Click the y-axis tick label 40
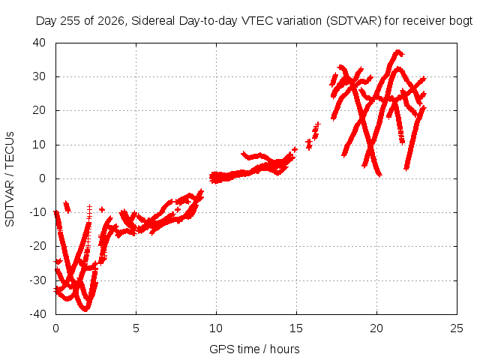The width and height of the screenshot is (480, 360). [x=39, y=43]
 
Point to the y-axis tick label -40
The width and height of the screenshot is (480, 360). [x=37, y=313]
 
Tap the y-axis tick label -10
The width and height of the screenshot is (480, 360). [x=37, y=211]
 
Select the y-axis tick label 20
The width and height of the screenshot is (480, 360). [x=39, y=110]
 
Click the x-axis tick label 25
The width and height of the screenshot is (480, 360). [x=457, y=328]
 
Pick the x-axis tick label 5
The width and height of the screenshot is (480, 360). [x=136, y=328]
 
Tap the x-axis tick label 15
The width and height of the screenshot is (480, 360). [x=296, y=328]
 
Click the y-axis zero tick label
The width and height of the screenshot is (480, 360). [x=42, y=178]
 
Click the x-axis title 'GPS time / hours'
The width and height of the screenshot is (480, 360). [x=254, y=349]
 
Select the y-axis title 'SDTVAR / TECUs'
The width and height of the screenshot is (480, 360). [x=10, y=179]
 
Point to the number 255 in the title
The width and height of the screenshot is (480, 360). [x=70, y=21]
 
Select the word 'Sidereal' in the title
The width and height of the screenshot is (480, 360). [x=153, y=21]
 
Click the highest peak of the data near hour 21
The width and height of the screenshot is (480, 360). [x=397, y=52]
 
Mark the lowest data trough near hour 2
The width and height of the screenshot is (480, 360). [x=85, y=309]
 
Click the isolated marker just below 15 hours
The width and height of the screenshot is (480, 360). [x=295, y=149]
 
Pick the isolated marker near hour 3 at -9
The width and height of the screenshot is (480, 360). [x=102, y=209]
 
